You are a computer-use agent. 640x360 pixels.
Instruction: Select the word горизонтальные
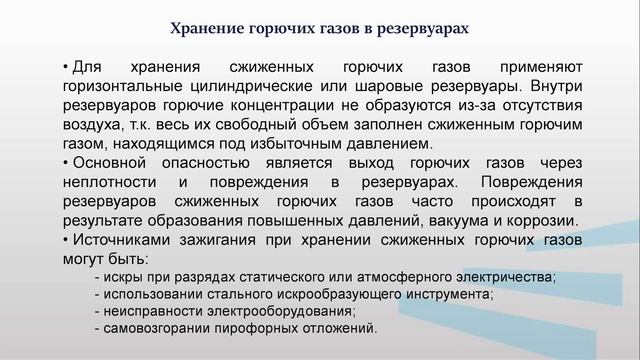point(117,86)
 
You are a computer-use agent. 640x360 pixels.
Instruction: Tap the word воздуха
point(89,125)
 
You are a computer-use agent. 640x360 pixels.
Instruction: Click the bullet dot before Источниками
point(65,240)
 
